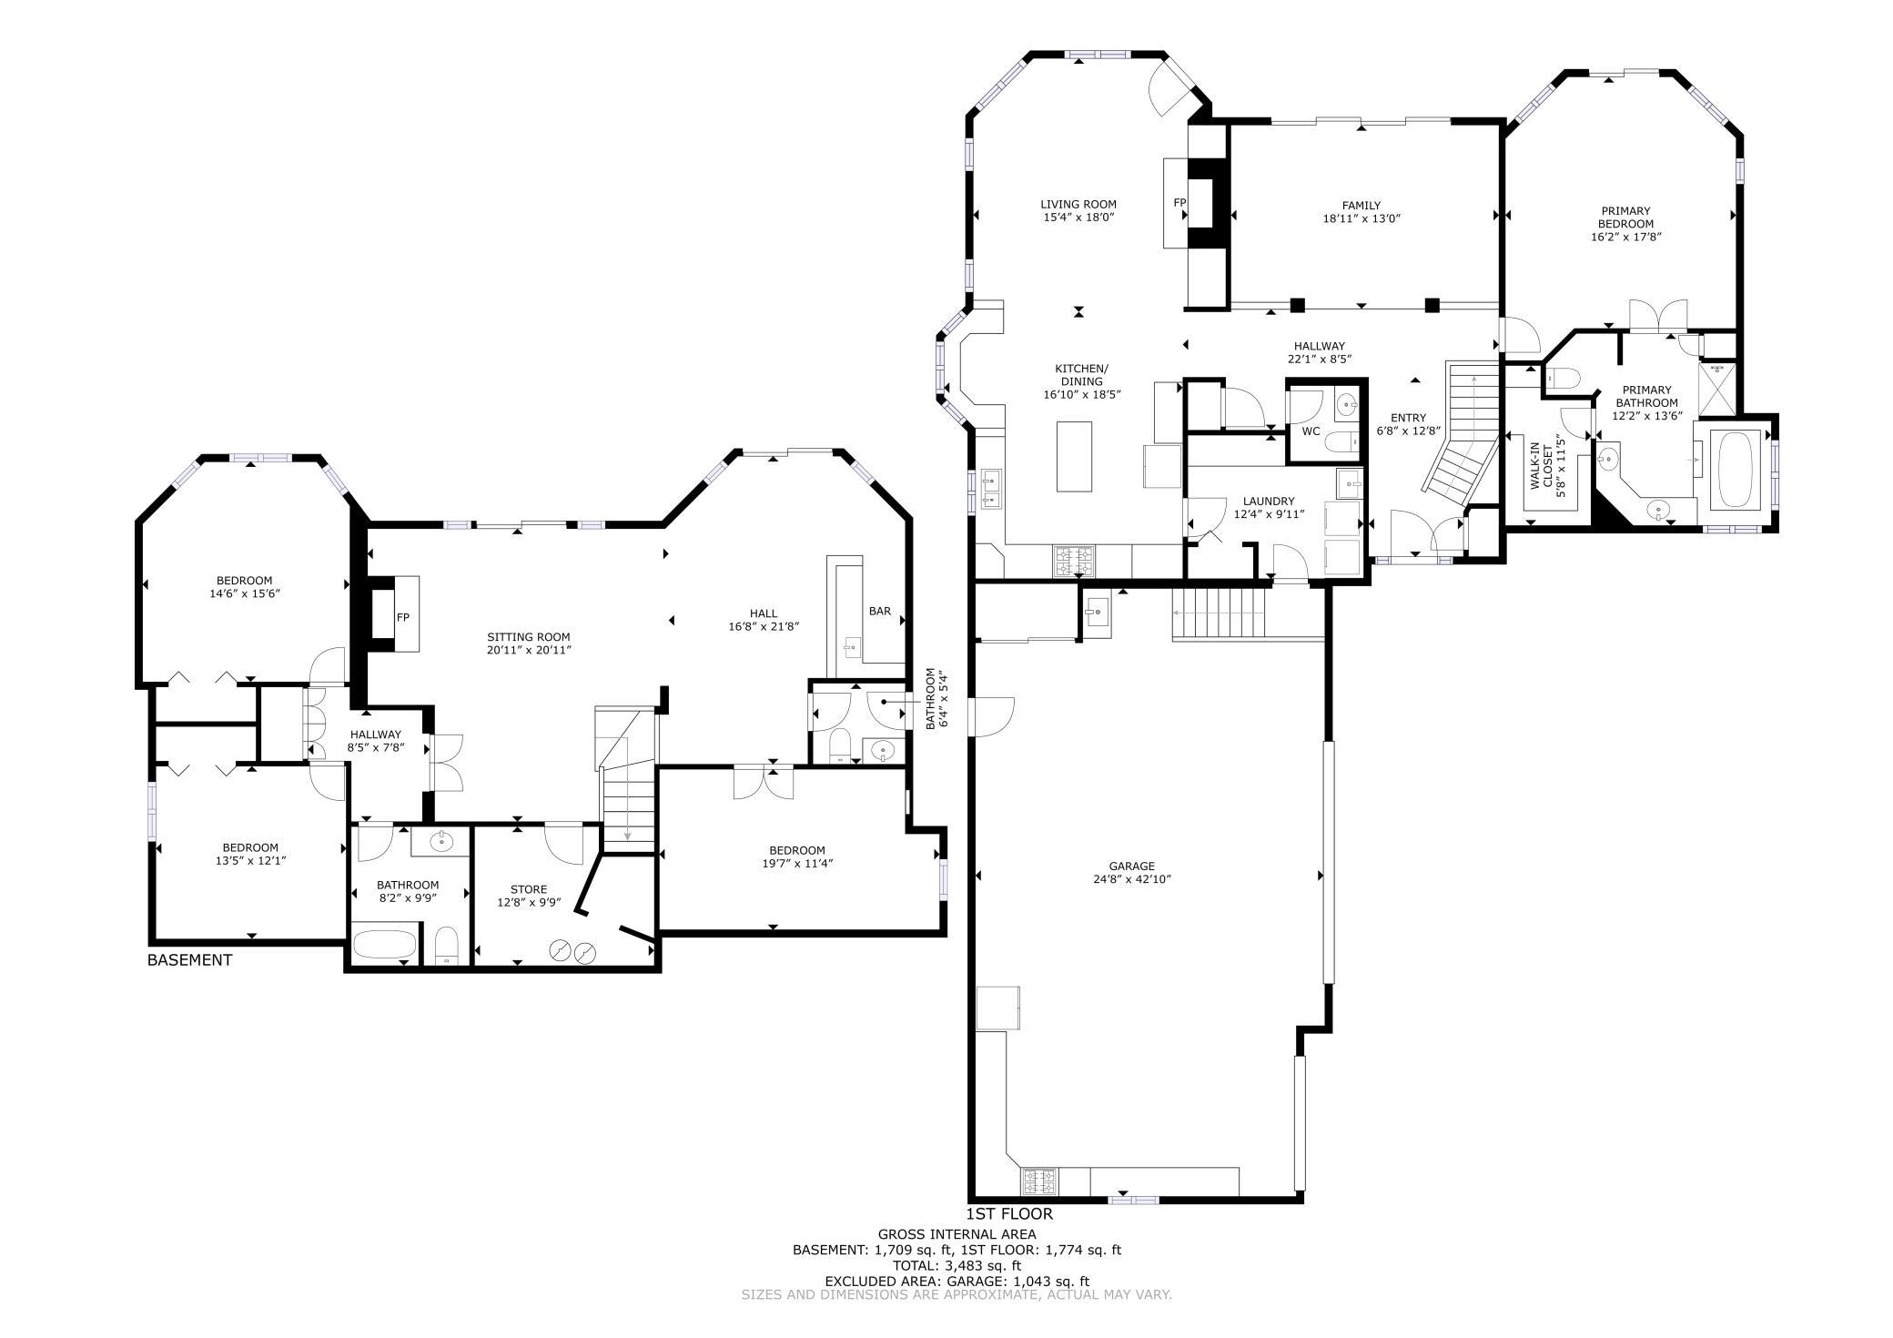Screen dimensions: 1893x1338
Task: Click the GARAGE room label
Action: click(x=1131, y=867)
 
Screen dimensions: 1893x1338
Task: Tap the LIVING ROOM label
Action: click(x=1078, y=205)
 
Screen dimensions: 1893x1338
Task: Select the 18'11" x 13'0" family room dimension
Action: click(x=1361, y=218)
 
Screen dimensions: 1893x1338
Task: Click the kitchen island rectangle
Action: click(x=1074, y=456)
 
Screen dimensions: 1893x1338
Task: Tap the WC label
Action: click(x=1311, y=431)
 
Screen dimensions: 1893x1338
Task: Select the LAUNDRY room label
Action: click(x=1269, y=502)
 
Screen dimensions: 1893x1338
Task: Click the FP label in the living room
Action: click(x=1179, y=202)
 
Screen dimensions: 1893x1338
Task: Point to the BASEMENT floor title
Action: click(x=189, y=960)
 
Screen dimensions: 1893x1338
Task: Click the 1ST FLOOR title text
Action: click(x=1009, y=1214)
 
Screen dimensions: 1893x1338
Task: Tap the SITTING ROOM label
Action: click(x=528, y=637)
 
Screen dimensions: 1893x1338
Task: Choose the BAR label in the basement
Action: click(x=879, y=612)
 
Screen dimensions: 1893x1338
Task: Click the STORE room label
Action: click(x=528, y=889)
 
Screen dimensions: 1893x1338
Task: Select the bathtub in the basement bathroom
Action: click(x=384, y=944)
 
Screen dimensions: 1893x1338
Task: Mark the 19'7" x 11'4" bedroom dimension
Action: click(x=797, y=863)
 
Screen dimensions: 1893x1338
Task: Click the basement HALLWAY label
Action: click(x=375, y=735)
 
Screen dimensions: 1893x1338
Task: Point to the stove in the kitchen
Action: click(x=1074, y=561)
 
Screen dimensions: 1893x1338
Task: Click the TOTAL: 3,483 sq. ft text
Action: click(x=957, y=1265)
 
